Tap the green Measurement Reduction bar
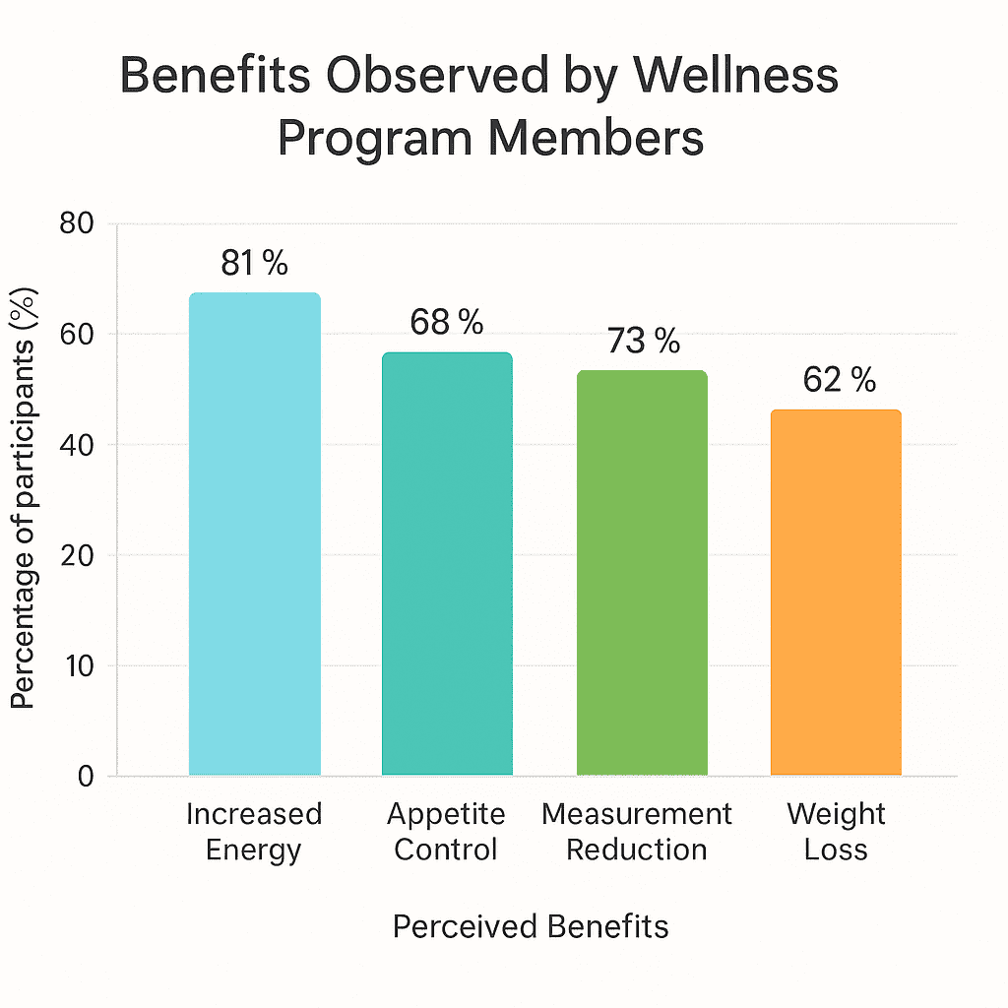(x=641, y=572)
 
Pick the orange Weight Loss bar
(x=835, y=592)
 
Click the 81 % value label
(x=254, y=263)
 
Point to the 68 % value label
(x=447, y=322)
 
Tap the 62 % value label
(x=839, y=380)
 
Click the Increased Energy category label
(x=254, y=832)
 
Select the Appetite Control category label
(x=446, y=832)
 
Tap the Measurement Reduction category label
(x=637, y=832)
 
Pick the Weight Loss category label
(x=836, y=832)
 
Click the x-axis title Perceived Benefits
(x=531, y=926)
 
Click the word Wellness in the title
(x=727, y=78)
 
